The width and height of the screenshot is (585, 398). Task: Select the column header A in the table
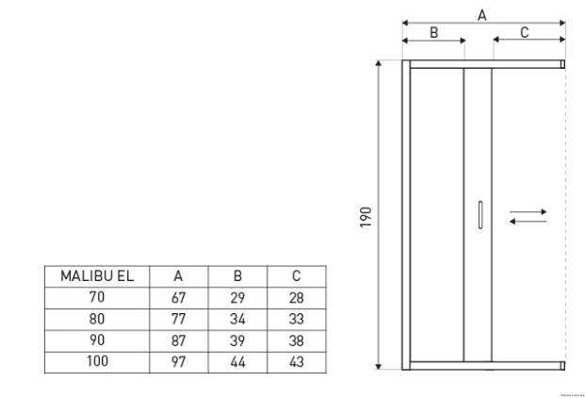point(178,276)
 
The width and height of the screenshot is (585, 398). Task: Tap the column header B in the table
point(237,276)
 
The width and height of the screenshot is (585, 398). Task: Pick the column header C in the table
point(296,276)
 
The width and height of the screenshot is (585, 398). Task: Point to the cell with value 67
point(178,297)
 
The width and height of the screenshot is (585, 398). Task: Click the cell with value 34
point(237,319)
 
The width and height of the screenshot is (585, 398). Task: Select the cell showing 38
point(296,340)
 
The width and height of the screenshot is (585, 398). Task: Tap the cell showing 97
point(178,361)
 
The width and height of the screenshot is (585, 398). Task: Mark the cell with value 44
point(237,361)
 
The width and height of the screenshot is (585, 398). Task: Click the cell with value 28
point(296,297)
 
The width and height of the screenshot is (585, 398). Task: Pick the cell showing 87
point(178,340)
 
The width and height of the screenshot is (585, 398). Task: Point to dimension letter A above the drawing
point(482,14)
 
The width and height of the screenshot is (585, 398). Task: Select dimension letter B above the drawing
point(434,32)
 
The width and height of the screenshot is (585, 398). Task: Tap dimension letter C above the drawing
point(525,32)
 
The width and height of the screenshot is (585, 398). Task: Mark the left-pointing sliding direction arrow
point(528,222)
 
